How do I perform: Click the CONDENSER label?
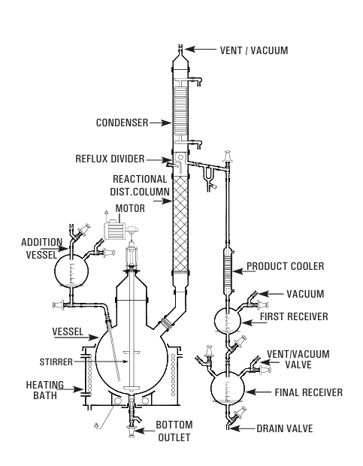tap(122, 123)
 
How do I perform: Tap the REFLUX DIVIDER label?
tap(110, 159)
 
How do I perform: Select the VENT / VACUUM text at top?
tap(254, 50)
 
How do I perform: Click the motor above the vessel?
tap(115, 230)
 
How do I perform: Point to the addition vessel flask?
tap(71, 271)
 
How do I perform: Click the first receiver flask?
tap(228, 320)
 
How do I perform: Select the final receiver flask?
tap(228, 388)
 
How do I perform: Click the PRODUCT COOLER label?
tap(286, 266)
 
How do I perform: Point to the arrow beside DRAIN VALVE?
tap(243, 428)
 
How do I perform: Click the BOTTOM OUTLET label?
tap(174, 431)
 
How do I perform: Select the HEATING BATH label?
tap(45, 390)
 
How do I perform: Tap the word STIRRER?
tap(56, 362)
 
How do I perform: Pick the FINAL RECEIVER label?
tap(309, 392)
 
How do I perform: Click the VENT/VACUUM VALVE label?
tap(298, 359)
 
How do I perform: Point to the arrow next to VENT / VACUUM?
tap(201, 49)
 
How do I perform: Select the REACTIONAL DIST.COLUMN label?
tap(140, 186)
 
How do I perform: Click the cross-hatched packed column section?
tap(180, 224)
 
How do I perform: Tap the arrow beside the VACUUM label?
tap(271, 294)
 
